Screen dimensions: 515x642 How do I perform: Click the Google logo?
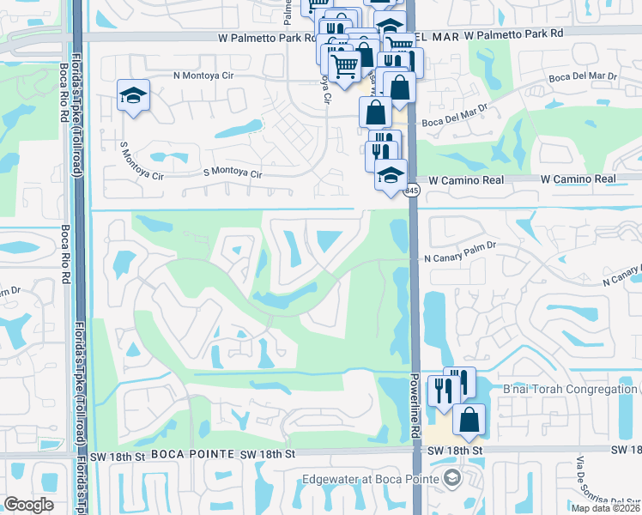pyautogui.click(x=29, y=505)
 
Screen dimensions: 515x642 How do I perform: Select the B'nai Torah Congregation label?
pyautogui.click(x=570, y=390)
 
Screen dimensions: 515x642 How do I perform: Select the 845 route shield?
pyautogui.click(x=412, y=191)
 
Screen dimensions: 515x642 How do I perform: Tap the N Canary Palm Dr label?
pyautogui.click(x=460, y=257)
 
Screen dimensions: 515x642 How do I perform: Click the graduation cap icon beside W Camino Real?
pyautogui.click(x=391, y=175)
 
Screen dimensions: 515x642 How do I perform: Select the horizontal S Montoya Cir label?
pyautogui.click(x=232, y=173)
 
